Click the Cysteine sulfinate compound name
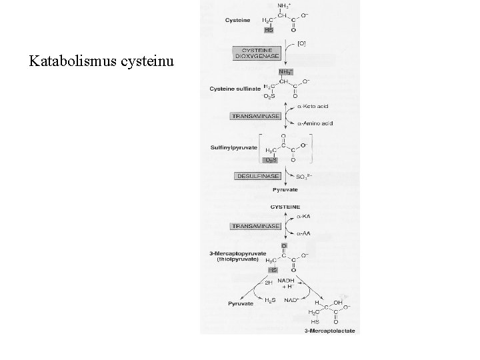click(x=235, y=88)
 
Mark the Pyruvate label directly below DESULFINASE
click(x=285, y=190)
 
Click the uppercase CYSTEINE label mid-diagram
click(x=285, y=207)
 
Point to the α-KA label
click(x=304, y=217)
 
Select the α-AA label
click(x=304, y=234)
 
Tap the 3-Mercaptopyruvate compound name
click(x=234, y=253)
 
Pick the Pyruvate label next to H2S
click(x=225, y=303)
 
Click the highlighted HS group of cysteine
click(x=269, y=29)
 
